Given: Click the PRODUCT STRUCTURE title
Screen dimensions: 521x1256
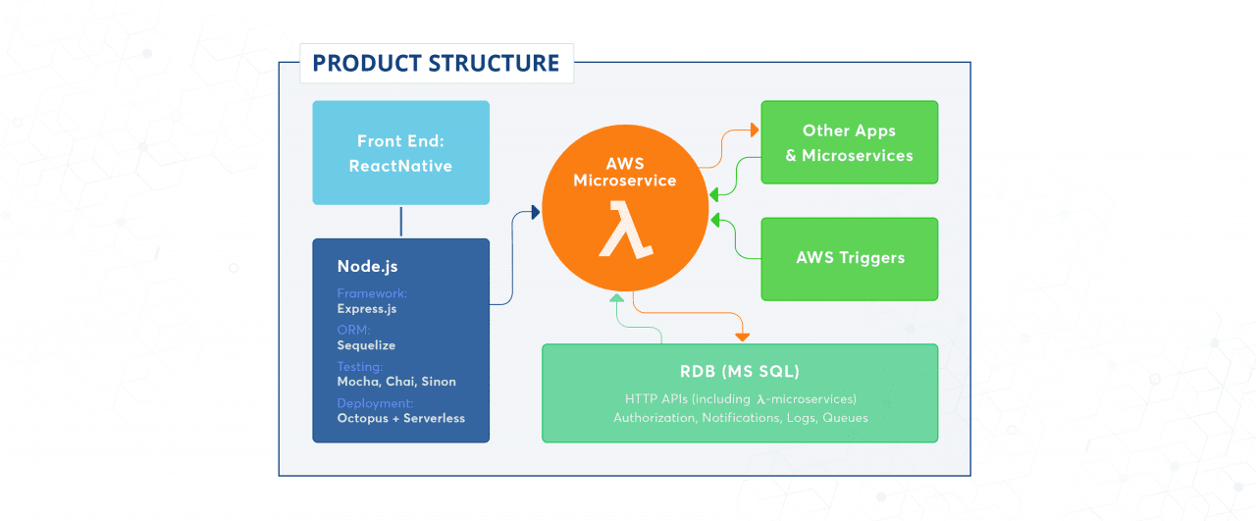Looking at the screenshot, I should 436,64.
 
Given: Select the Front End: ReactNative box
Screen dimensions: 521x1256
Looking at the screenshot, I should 400,153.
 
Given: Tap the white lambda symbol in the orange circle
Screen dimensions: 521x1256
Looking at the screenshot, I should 626,229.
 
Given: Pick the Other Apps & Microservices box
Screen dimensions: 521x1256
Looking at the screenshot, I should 849,142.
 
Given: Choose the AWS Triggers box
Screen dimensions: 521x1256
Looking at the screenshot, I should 849,258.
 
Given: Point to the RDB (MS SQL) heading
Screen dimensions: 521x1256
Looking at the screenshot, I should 740,371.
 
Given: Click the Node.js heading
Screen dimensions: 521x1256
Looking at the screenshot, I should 367,266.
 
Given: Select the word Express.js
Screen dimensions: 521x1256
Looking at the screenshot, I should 367,308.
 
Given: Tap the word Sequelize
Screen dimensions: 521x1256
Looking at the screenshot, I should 366,345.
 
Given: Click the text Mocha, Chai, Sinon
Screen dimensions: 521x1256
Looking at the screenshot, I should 396,382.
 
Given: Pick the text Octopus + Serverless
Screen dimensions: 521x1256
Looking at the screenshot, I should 400,418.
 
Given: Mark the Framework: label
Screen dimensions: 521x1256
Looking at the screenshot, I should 371,293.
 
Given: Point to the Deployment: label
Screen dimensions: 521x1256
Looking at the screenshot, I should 375,403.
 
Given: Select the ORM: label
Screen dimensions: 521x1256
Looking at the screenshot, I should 353,331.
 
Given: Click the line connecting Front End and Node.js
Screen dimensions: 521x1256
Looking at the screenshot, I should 400,222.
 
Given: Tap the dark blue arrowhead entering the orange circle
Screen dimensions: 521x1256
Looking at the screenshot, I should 535,212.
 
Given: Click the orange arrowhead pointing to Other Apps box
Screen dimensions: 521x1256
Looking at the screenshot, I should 755,130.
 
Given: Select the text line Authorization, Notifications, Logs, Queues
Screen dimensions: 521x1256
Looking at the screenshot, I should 740,418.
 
